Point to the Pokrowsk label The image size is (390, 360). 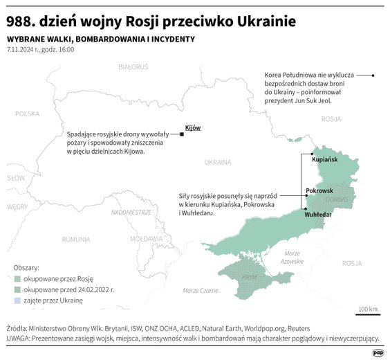(319, 190)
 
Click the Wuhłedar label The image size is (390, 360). (318, 215)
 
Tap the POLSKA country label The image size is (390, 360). (28, 114)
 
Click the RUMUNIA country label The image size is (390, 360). (75, 239)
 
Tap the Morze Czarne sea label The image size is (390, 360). (201, 291)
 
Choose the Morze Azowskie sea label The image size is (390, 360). (292, 257)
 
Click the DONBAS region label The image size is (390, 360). (337, 199)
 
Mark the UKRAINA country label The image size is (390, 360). (218, 163)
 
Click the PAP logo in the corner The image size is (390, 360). (378, 352)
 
